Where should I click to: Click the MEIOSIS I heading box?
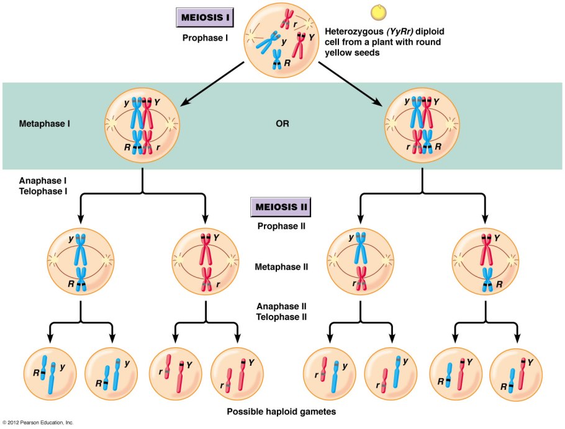pos(206,17)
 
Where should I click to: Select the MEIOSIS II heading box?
pos(281,206)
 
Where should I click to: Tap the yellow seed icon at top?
pos(377,12)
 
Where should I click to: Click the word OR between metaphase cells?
pos(282,123)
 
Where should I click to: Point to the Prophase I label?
pos(206,37)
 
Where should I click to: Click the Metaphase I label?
pos(44,123)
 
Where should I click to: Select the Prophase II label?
pos(281,226)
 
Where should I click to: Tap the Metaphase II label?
pos(281,267)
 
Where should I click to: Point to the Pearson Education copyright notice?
pos(38,423)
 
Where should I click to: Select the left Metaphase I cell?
pos(142,123)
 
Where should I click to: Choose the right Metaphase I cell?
pos(422,123)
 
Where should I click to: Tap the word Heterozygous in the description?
pos(353,30)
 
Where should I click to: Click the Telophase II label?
pos(281,317)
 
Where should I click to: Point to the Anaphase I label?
pos(43,180)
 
